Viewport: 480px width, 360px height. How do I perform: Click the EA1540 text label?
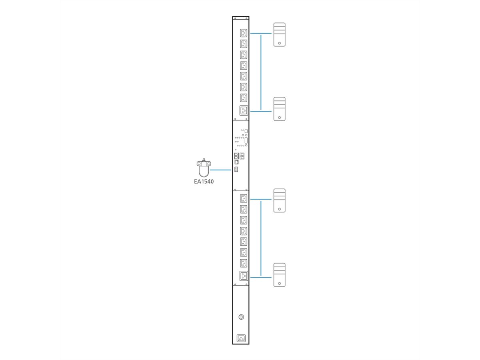204,181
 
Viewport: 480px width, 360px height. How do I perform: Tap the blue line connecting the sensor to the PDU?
221,170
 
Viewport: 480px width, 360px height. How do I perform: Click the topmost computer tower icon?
279,34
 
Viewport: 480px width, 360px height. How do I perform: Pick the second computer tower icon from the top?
279,109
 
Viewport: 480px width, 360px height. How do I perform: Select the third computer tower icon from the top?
279,200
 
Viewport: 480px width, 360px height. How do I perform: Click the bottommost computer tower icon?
279,275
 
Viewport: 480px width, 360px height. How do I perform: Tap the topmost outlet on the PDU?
243,33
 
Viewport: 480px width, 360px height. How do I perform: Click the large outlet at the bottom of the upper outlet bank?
243,110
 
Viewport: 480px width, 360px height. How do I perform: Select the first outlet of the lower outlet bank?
243,198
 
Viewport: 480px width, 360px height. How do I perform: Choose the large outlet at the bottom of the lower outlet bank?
243,276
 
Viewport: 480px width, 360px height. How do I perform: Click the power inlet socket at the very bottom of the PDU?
241,338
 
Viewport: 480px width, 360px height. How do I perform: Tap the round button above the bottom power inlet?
241,317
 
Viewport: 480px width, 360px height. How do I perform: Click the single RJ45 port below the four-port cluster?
236,162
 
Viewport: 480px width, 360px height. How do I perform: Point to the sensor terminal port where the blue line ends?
236,170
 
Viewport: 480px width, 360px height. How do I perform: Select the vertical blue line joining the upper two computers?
261,72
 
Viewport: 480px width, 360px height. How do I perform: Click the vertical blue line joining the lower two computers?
261,238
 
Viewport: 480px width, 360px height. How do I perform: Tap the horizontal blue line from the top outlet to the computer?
261,33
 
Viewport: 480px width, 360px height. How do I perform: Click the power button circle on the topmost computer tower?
279,43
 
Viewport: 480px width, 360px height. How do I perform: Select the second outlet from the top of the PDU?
243,44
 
